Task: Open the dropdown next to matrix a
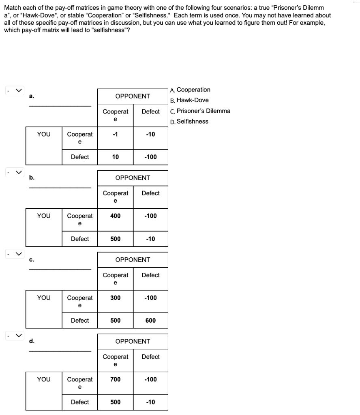(15, 90)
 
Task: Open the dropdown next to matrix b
(15, 172)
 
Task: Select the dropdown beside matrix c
(15, 254)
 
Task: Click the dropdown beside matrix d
(15, 336)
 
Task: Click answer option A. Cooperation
(190, 90)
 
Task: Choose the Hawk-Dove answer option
(190, 101)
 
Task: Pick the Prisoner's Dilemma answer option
(200, 111)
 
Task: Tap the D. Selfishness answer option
(189, 122)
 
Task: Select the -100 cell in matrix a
(151, 157)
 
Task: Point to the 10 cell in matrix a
(116, 157)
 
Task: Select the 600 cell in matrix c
(151, 321)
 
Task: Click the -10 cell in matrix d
(151, 402)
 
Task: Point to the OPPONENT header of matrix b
(133, 178)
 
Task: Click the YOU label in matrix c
(44, 298)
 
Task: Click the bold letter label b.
(32, 178)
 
